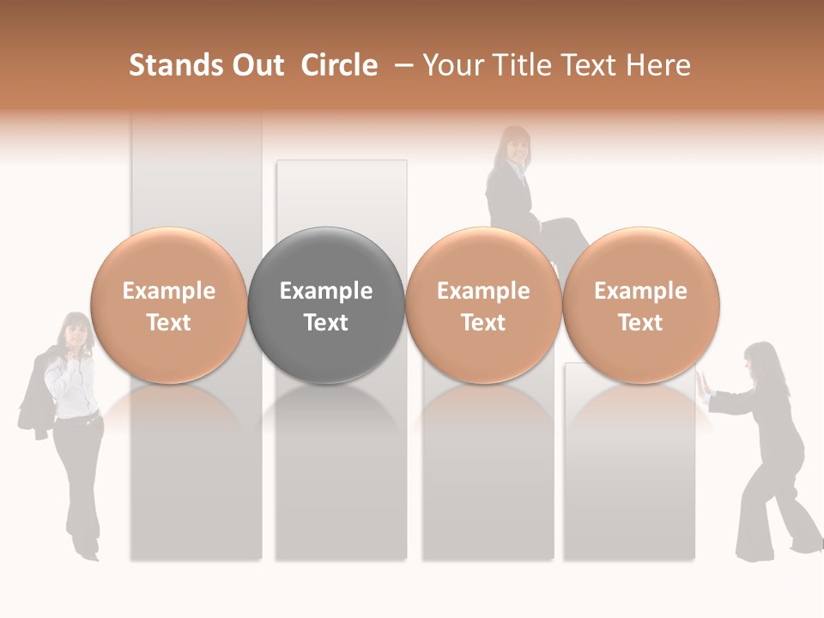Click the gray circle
pos(326,306)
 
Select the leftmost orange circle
pos(169,306)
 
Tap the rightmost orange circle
pos(640,306)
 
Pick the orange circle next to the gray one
pos(483,306)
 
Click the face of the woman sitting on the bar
pos(517,148)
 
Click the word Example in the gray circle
pos(326,291)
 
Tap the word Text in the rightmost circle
pos(640,323)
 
